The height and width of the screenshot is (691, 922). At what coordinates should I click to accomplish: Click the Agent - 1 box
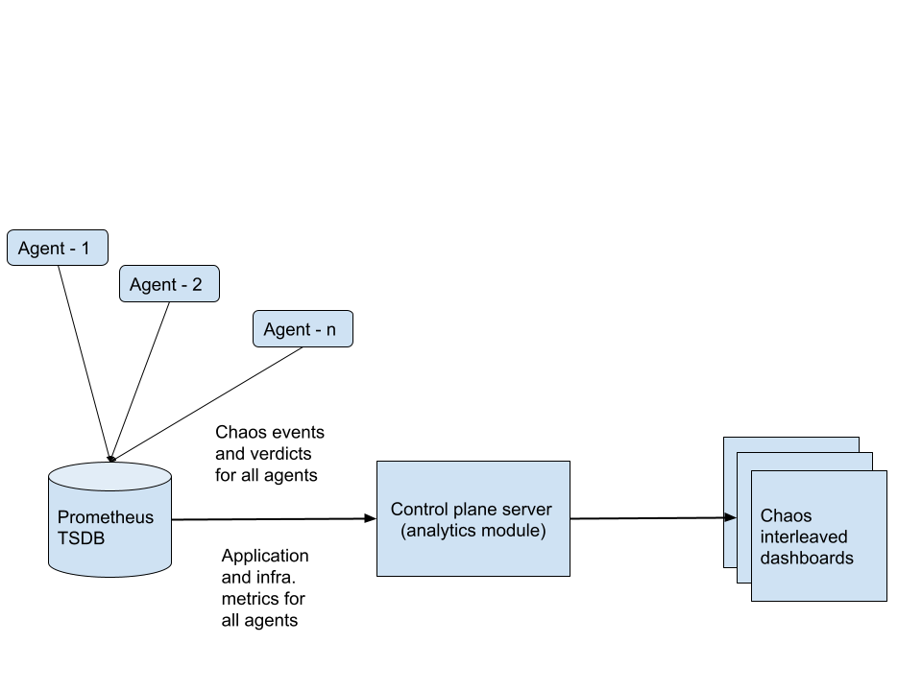coord(57,249)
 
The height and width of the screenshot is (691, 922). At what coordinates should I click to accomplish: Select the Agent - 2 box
coord(169,285)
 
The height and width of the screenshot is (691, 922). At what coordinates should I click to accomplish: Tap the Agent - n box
coord(303,329)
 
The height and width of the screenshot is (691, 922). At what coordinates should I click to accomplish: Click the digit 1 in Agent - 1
coord(85,249)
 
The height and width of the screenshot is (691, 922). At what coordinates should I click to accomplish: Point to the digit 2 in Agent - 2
coord(197,285)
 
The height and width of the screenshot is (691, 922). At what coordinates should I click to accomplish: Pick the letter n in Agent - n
coord(330,330)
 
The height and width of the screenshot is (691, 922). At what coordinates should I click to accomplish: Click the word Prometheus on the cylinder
coord(106,518)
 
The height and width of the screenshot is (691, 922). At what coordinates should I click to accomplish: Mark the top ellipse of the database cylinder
coord(110,478)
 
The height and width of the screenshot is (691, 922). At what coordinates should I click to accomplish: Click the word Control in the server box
coord(420,510)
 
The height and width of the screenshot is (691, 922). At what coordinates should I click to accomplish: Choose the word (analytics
coord(439,531)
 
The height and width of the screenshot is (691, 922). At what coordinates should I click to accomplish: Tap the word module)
coord(514,531)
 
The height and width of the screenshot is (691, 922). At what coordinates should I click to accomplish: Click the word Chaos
coord(786,516)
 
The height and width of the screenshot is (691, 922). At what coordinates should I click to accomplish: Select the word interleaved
coord(804,537)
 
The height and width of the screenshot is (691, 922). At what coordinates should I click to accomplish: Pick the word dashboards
coord(807,558)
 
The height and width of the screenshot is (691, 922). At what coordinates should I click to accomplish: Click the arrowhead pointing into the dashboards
coord(731,517)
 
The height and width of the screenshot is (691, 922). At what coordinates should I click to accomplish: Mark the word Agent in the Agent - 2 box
coord(154,285)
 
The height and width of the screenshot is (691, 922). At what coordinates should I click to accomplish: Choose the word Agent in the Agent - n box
coord(286,330)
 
